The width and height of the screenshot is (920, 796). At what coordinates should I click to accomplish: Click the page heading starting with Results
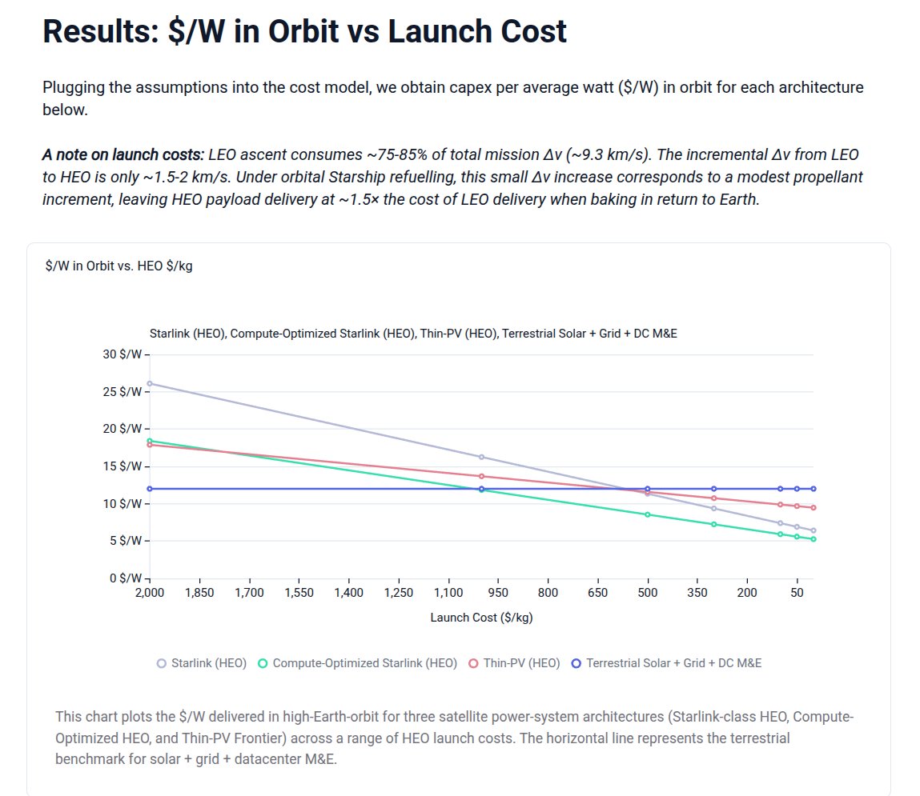click(x=304, y=31)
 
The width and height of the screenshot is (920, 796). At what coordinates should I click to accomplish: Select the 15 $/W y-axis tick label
click(x=124, y=466)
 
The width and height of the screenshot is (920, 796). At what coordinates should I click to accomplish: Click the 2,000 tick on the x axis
click(x=149, y=593)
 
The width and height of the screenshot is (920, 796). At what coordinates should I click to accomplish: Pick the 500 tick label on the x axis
click(x=648, y=593)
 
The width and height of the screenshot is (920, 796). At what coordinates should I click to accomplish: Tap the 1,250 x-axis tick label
click(x=398, y=593)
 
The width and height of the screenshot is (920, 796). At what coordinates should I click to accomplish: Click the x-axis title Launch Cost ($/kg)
click(x=481, y=618)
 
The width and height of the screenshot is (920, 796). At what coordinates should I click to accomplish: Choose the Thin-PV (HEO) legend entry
click(x=514, y=663)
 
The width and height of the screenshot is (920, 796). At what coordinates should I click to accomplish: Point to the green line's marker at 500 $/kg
click(x=648, y=514)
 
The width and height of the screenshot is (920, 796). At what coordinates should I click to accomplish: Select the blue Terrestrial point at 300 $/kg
click(x=714, y=489)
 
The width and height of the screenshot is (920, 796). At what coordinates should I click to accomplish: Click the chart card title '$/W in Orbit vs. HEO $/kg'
click(x=119, y=266)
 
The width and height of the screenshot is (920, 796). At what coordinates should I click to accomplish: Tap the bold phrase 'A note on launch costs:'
click(x=123, y=154)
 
